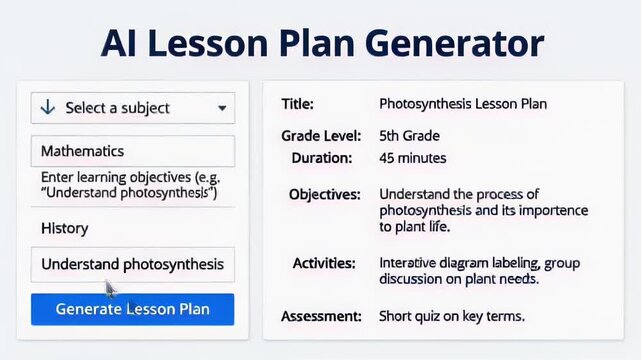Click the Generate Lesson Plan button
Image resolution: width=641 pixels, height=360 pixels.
(132, 309)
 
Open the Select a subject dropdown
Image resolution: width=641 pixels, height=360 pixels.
(132, 107)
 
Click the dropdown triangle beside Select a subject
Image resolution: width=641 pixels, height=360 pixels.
(221, 108)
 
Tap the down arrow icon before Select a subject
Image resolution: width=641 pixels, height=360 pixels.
(47, 107)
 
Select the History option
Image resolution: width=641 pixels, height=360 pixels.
(65, 228)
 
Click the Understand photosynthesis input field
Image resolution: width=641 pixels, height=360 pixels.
(132, 265)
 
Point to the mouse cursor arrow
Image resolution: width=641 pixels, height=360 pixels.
(110, 289)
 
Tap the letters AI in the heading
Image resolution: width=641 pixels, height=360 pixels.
(126, 44)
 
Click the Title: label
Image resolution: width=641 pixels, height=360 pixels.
(297, 103)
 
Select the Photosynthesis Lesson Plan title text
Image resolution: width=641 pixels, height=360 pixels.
(463, 103)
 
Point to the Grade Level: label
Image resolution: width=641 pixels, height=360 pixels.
(317, 135)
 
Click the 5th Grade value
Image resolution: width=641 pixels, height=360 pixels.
(409, 135)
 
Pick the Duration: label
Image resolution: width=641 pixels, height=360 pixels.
(322, 158)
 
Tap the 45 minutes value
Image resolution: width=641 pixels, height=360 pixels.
(413, 158)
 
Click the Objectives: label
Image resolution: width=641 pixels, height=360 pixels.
(324, 194)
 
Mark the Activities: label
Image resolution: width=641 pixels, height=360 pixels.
(324, 263)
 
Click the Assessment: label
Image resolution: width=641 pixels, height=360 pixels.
(321, 316)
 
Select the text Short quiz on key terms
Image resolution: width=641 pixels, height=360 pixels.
(452, 316)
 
